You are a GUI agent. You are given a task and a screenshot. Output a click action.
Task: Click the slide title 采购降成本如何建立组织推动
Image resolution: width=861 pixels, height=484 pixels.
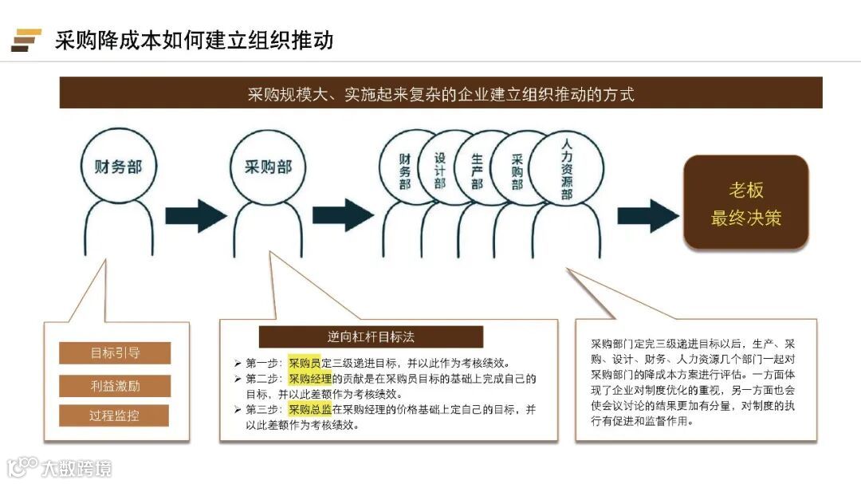(x=194, y=40)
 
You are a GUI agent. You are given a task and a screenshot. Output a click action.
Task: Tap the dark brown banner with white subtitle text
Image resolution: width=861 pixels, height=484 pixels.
(x=440, y=93)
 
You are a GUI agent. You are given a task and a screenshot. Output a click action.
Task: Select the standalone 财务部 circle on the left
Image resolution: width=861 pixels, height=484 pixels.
(x=119, y=167)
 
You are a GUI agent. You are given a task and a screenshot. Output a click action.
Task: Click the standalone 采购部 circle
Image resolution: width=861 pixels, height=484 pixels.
(x=266, y=167)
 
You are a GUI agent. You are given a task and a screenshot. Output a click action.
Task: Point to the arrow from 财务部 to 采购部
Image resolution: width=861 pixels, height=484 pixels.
(x=195, y=215)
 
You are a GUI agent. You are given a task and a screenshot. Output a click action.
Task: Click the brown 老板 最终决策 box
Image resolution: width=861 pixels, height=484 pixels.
(x=746, y=203)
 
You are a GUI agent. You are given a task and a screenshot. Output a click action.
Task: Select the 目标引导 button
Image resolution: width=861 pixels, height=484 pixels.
(x=115, y=353)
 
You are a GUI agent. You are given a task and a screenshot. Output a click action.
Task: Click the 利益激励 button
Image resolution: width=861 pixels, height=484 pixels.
(x=115, y=386)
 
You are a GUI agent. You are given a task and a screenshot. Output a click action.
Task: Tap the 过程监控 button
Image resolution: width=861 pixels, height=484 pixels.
(x=115, y=416)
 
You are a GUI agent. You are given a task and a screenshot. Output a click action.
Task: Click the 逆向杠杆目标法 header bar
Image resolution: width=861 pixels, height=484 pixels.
(x=371, y=336)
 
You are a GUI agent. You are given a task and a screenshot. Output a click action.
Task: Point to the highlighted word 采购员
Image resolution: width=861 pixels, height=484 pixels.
(x=305, y=362)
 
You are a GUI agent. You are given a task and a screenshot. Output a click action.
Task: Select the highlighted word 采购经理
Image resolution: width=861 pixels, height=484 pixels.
(x=310, y=378)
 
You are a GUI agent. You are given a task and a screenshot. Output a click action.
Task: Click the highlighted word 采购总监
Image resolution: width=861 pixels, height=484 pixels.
(x=310, y=409)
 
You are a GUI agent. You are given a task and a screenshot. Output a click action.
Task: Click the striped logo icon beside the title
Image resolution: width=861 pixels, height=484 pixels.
(x=26, y=40)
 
